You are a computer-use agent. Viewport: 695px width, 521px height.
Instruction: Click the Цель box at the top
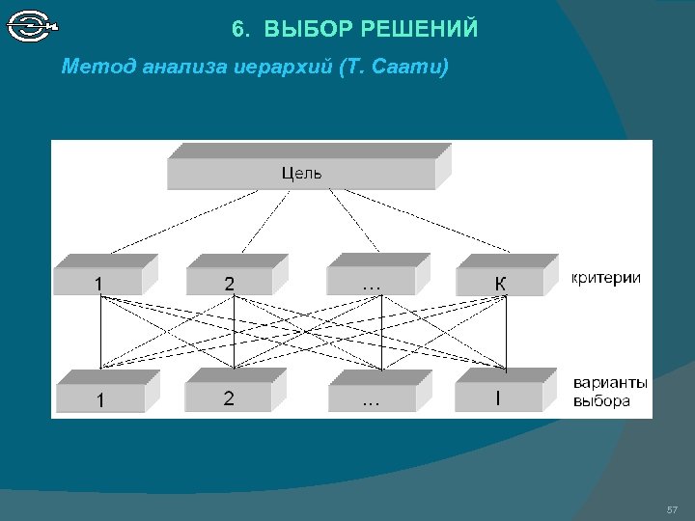[x=301, y=173]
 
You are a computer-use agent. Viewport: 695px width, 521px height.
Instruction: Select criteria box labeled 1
[x=98, y=281]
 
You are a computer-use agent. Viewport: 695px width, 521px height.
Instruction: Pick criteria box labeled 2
[x=229, y=281]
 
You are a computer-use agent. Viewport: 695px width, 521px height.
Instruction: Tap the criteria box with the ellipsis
[x=371, y=281]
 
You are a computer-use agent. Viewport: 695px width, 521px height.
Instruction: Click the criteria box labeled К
[x=500, y=281]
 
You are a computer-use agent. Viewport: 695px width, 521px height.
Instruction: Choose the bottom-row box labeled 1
[x=100, y=397]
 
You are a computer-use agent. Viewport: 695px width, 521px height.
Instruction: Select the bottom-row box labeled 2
[x=229, y=397]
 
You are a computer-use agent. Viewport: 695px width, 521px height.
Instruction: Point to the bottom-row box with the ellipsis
[x=371, y=397]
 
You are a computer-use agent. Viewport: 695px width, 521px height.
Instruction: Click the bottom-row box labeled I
[x=498, y=397]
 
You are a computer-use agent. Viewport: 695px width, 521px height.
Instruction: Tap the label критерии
[x=606, y=278]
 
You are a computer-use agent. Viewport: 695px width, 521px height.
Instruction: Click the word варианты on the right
[x=610, y=383]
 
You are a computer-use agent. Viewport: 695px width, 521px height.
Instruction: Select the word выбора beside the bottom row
[x=601, y=399]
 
